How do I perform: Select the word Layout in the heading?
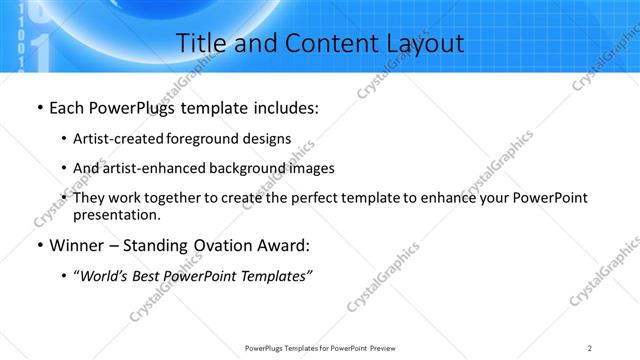pos(419,44)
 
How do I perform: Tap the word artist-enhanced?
pos(152,168)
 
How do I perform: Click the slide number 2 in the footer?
pos(590,347)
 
